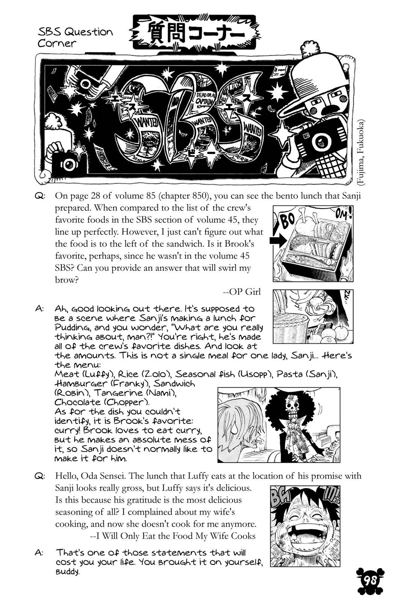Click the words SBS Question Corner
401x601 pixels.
(75, 37)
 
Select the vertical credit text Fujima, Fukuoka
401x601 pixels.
(361, 152)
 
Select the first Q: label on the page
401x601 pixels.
(40, 196)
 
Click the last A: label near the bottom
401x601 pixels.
(40, 553)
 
